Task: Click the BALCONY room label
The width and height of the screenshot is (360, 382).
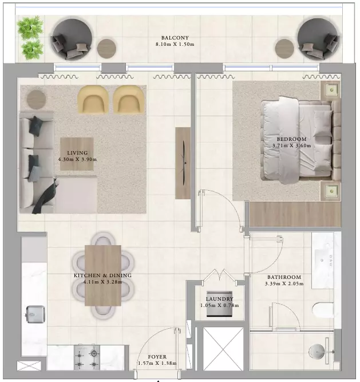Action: coord(175,38)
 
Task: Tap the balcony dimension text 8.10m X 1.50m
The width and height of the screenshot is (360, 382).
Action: coord(175,44)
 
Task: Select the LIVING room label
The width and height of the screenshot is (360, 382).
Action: coord(77,153)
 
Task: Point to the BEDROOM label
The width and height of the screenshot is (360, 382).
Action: coord(291,139)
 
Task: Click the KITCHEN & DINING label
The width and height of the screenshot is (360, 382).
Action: coord(102,275)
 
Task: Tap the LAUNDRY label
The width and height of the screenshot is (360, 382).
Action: coord(220,299)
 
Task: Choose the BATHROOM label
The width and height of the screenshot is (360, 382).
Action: coord(284,277)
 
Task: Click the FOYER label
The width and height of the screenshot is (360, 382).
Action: coord(157,357)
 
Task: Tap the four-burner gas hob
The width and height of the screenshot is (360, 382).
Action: coord(87,357)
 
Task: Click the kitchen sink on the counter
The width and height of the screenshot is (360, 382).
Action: coord(35,314)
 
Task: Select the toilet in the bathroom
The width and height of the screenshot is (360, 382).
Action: coord(323,310)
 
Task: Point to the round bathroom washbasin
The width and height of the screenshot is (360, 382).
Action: coord(317,352)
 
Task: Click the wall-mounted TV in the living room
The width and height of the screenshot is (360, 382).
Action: coord(184,163)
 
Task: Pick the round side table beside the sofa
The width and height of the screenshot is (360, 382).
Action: coord(36,100)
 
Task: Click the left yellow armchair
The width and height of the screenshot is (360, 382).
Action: coord(93,100)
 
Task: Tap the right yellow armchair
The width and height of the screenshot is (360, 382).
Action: coord(129,100)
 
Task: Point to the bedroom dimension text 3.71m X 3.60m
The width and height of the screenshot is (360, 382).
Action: coord(291,145)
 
